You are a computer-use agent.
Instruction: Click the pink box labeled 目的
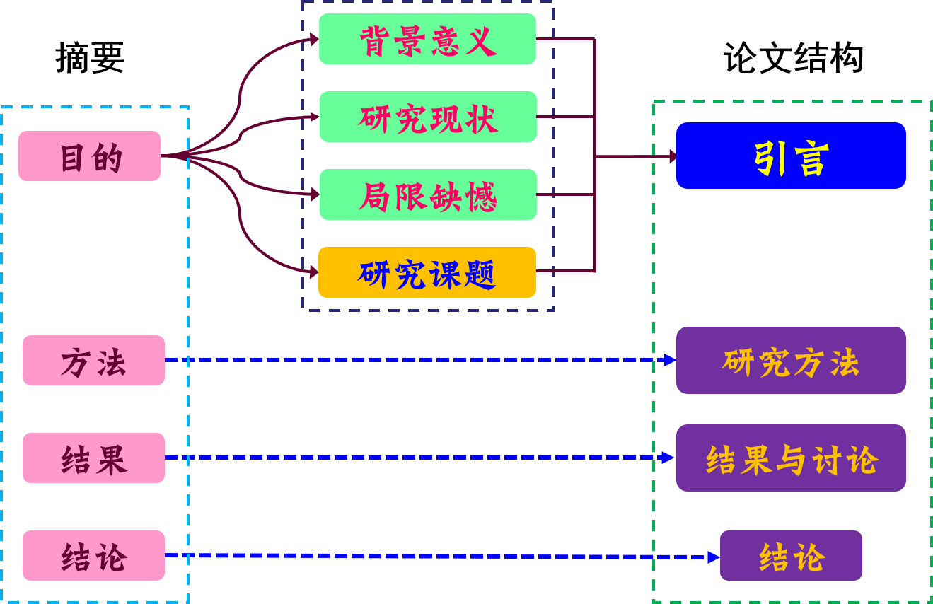coord(89,156)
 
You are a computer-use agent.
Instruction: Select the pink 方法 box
coord(93,361)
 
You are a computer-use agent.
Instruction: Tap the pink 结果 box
coord(93,458)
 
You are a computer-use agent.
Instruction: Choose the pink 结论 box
coord(93,556)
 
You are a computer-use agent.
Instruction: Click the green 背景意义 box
coord(427,39)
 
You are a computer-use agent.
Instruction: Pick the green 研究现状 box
coord(428,117)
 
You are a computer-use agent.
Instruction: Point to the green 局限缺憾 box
coord(428,194)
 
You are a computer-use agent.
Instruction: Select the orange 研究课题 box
coord(427,272)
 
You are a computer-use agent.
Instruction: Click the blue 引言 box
coord(791,156)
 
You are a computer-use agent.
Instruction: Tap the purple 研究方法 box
coord(791,361)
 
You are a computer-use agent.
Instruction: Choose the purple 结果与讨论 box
coord(791,458)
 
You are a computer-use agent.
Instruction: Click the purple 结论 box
coord(791,556)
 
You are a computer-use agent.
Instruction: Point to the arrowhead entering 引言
coord(672,156)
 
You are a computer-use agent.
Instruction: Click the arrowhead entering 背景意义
coord(315,40)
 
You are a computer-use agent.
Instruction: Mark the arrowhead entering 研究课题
coord(314,272)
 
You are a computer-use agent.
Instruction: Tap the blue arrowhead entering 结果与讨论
coord(669,458)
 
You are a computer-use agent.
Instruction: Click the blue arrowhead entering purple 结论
coord(714,557)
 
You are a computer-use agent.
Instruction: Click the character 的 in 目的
coord(108,157)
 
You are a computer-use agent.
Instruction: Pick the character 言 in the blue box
coord(811,158)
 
